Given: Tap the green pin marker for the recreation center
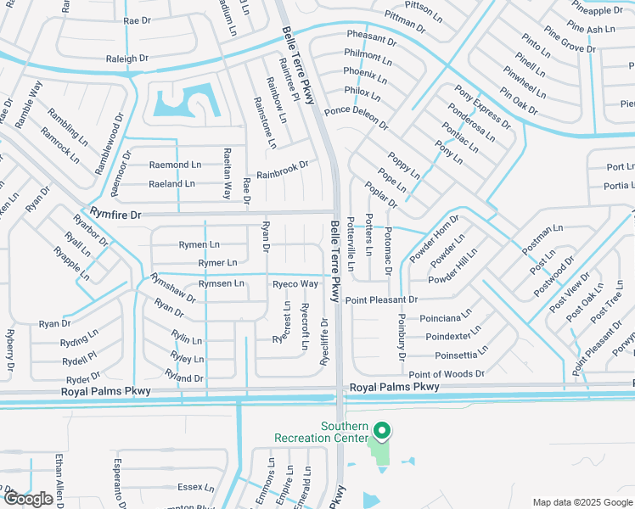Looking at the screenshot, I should point(382,432).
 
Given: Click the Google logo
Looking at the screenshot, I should point(28,499).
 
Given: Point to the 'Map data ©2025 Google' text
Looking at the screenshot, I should point(582,502).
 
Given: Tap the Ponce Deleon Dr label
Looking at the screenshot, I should point(356,118).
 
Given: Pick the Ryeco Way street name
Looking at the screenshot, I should point(295,283).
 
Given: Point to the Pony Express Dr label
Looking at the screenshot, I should point(482,107).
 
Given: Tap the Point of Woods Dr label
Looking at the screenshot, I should point(446,374).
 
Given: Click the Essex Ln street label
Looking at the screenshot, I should point(195,487).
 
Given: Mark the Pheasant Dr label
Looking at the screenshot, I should point(371,39).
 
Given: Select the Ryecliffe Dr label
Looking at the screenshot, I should point(324,340).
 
